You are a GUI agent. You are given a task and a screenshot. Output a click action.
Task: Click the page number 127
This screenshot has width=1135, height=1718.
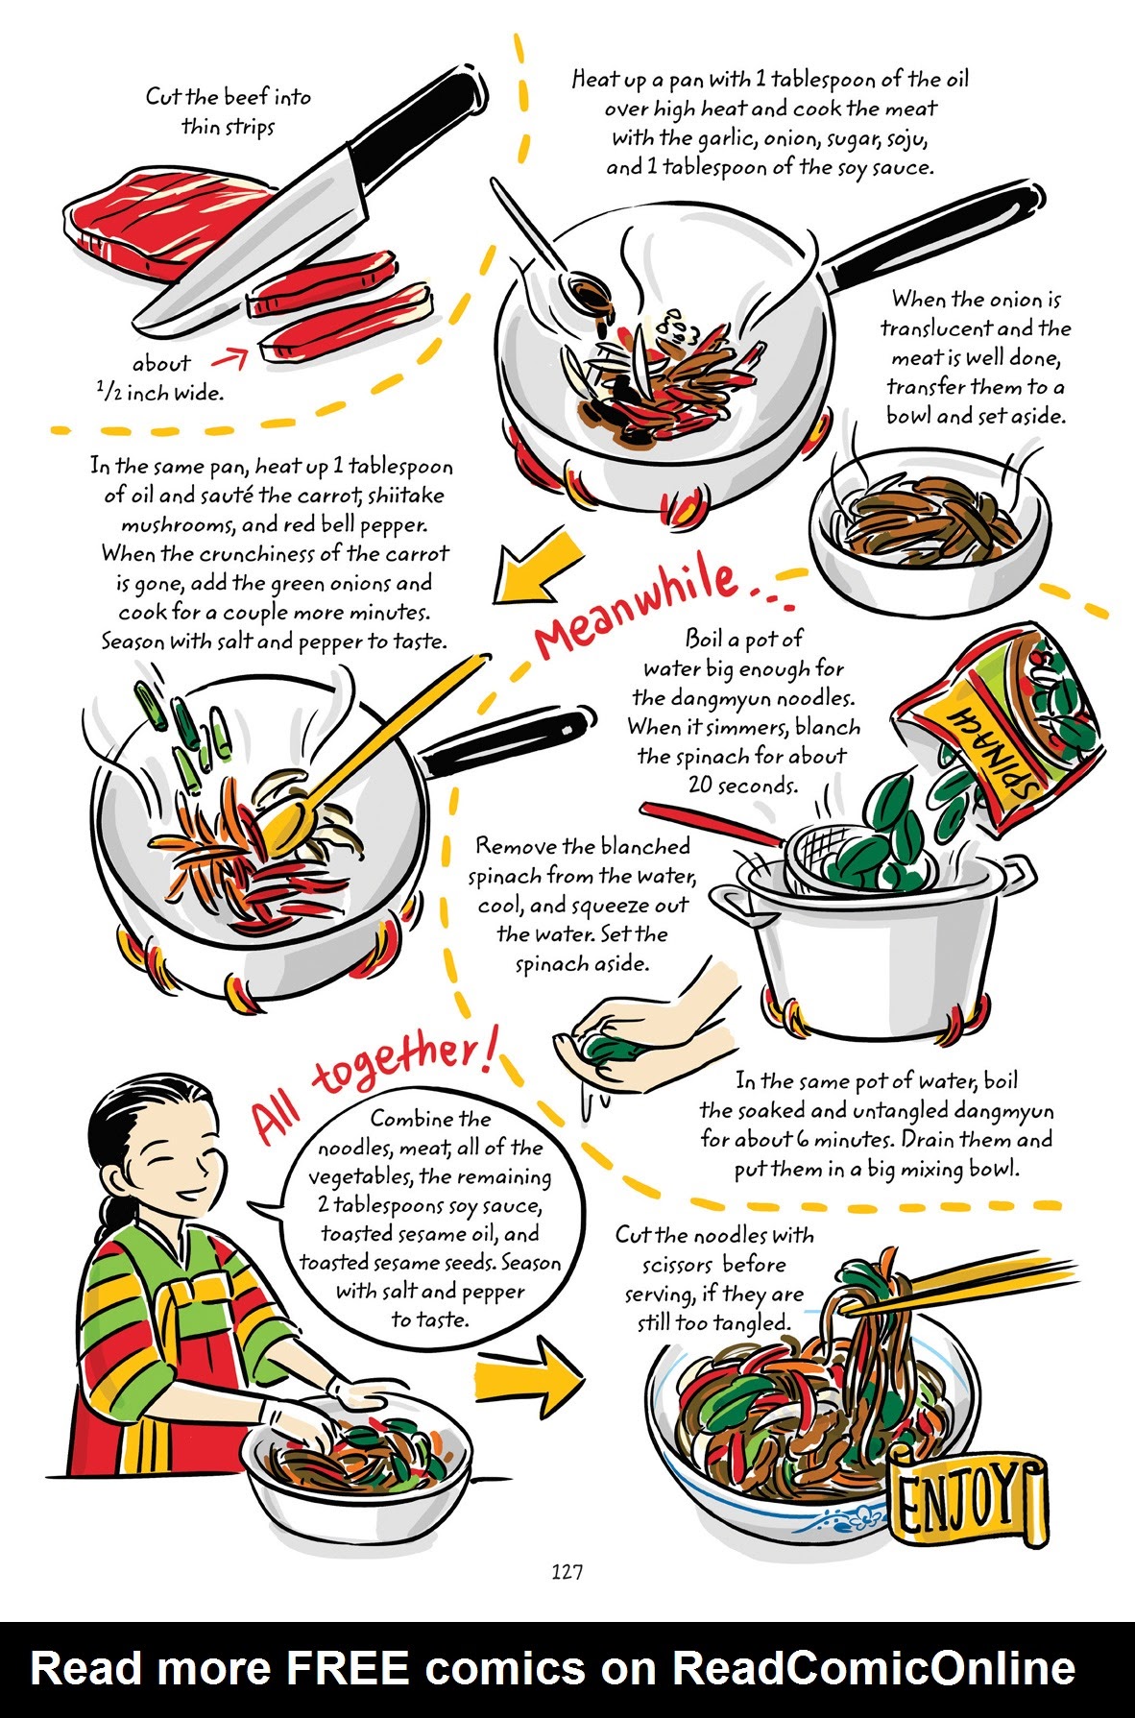[567, 1572]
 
